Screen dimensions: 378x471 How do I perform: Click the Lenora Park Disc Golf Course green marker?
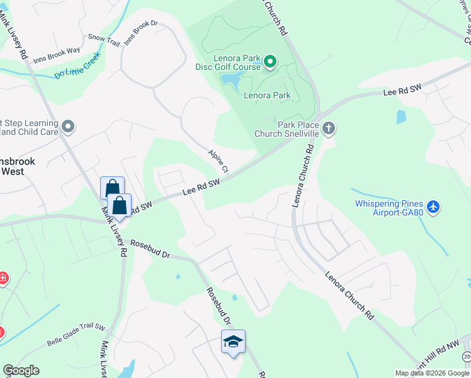270,61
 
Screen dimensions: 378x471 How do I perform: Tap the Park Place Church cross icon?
328,129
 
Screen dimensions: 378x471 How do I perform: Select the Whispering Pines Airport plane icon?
433,207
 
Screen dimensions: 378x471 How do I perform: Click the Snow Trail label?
103,39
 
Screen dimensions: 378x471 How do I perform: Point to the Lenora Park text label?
268,96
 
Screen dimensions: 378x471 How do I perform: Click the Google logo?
21,370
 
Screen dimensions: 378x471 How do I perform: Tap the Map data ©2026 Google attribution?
432,373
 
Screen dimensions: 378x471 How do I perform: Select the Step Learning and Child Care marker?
68,127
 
